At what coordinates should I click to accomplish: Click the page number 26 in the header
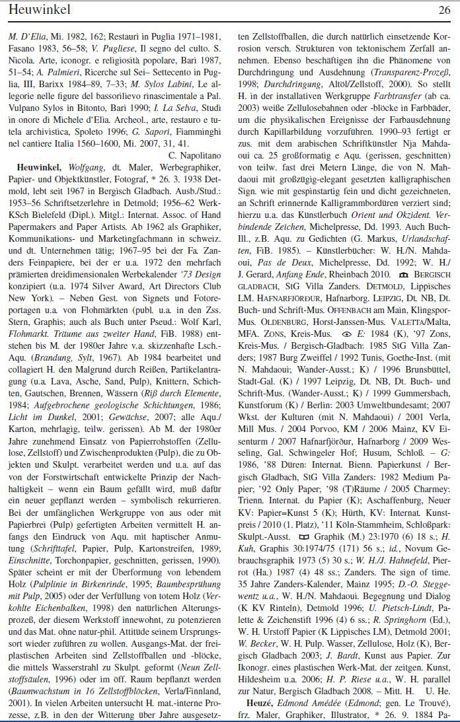(x=443, y=10)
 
